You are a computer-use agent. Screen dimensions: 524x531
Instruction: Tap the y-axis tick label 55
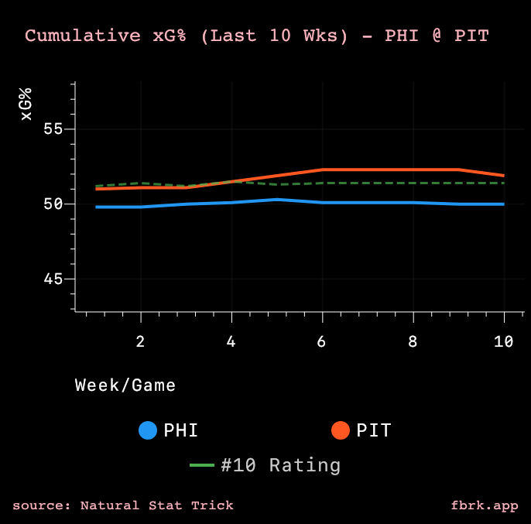click(x=52, y=129)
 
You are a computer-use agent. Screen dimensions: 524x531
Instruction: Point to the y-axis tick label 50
click(x=52, y=204)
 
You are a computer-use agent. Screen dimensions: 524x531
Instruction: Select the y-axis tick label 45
click(x=52, y=279)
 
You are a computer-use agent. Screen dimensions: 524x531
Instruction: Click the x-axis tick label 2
click(x=141, y=341)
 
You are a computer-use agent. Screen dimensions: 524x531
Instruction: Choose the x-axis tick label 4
click(x=231, y=341)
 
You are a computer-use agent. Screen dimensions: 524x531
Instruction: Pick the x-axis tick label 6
click(x=322, y=341)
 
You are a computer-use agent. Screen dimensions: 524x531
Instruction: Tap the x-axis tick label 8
click(x=413, y=341)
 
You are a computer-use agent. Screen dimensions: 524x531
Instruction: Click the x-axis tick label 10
click(x=504, y=341)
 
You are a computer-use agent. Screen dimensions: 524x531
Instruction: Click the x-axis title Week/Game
click(x=125, y=385)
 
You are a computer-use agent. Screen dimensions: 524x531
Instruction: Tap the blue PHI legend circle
click(x=148, y=430)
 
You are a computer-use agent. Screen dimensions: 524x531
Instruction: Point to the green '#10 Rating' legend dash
click(x=202, y=465)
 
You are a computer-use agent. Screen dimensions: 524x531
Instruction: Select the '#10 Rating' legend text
click(x=280, y=465)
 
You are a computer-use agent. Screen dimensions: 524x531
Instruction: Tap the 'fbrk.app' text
click(x=485, y=505)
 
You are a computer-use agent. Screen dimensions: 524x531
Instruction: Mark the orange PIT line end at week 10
click(x=504, y=176)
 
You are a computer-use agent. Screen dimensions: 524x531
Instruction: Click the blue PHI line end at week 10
click(x=504, y=204)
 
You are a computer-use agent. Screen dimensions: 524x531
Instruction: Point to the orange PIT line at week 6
click(x=322, y=170)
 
